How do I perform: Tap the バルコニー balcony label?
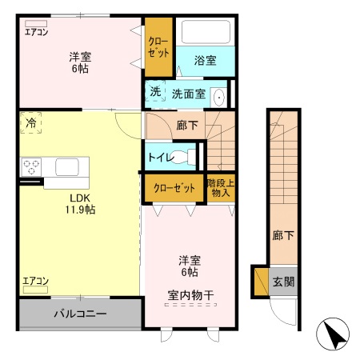click(x=80, y=313)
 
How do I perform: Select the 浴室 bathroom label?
click(x=206, y=59)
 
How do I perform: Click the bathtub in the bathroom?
click(x=206, y=33)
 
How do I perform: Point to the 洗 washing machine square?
click(x=155, y=92)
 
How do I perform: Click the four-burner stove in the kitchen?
click(x=32, y=167)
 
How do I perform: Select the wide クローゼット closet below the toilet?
click(x=174, y=188)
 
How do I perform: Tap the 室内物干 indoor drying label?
click(x=191, y=296)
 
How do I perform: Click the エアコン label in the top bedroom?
click(x=37, y=32)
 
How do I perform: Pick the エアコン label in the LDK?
click(x=36, y=281)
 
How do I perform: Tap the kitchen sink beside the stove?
click(x=66, y=166)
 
